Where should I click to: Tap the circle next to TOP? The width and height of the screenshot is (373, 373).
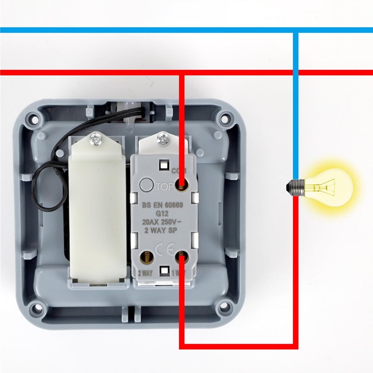click(x=147, y=185)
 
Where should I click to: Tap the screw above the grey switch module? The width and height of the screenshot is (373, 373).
click(x=163, y=138)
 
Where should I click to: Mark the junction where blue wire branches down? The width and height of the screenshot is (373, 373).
click(x=295, y=30)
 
